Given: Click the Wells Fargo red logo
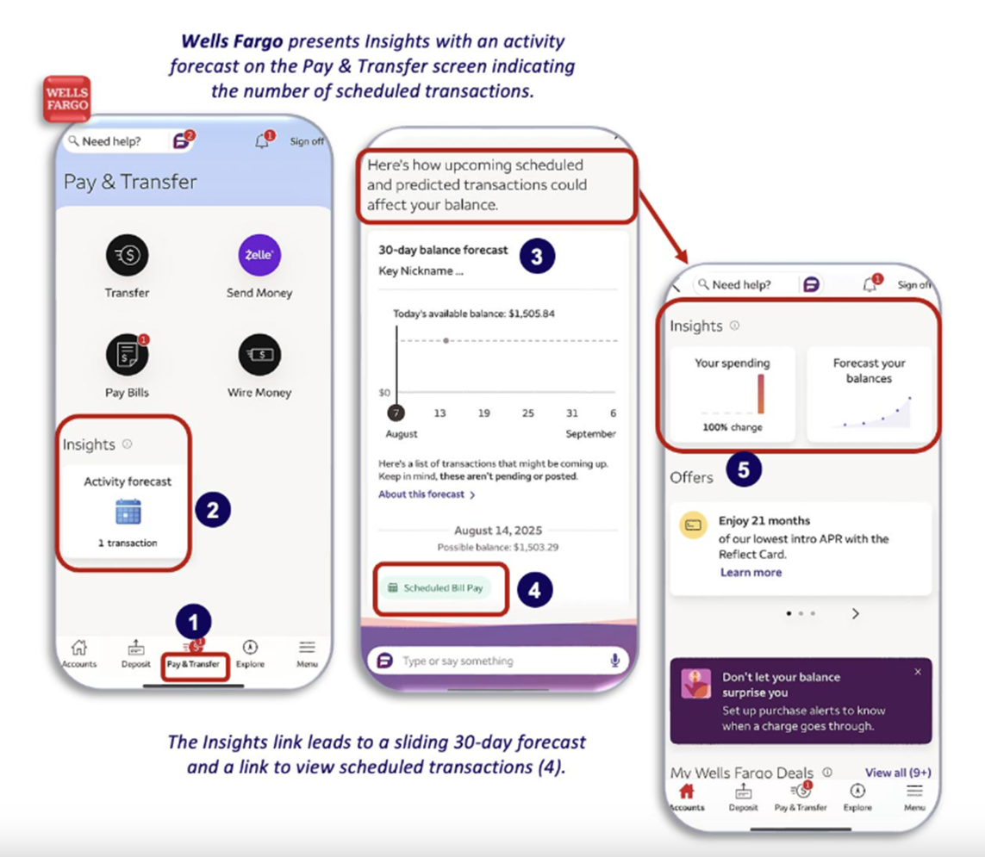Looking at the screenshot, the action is [66, 98].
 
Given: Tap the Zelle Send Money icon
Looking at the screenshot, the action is [259, 255].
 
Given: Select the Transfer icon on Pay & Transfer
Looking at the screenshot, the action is [127, 255].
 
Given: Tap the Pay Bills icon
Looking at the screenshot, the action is [127, 355].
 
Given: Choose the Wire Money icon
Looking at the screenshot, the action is [259, 355].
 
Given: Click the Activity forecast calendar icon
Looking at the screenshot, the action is [128, 512].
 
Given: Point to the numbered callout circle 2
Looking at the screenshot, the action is [213, 510].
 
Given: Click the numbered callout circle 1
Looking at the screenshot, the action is [194, 622].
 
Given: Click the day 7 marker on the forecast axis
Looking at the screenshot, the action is [396, 413].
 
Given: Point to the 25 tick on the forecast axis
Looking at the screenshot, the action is [527, 413].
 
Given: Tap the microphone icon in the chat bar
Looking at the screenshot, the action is [615, 661].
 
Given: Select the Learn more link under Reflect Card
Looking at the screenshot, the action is [751, 572].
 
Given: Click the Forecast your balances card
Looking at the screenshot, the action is [869, 394].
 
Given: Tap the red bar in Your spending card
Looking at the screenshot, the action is [761, 394].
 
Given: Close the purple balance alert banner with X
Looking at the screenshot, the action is [918, 672].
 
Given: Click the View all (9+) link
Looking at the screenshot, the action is [898, 773].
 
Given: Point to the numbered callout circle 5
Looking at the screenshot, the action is [744, 469].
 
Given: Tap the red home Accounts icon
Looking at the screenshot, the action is [687, 791].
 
